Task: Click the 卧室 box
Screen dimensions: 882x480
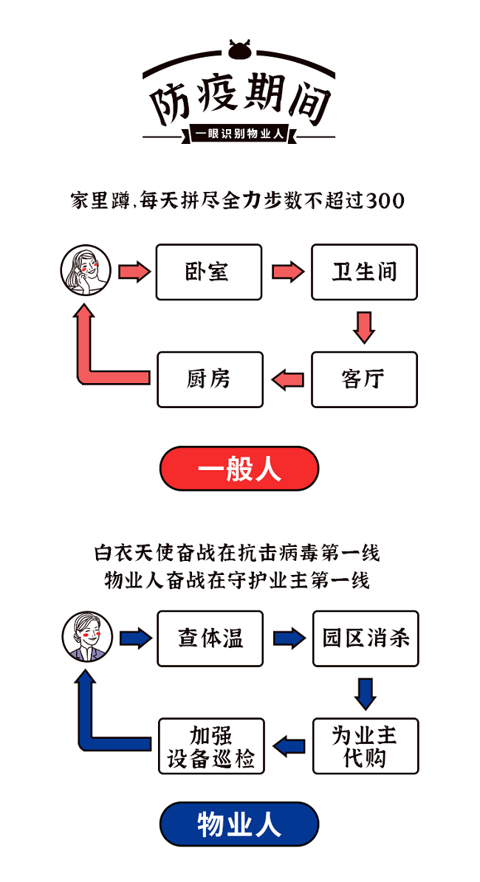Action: tap(208, 272)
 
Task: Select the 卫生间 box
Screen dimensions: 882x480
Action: tap(364, 272)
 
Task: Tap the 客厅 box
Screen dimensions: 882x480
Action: tap(364, 379)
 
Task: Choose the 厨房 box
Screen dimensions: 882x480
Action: tap(210, 379)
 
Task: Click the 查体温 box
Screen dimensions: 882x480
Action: tap(210, 638)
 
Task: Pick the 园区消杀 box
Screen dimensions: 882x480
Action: tap(366, 638)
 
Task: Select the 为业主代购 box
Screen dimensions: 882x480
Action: tap(366, 745)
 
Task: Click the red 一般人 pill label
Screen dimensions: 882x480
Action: tap(239, 469)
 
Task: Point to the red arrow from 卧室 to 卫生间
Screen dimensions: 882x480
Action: tap(287, 272)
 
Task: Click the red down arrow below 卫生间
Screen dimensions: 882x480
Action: tap(364, 326)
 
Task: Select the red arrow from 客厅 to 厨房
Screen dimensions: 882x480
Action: tap(287, 379)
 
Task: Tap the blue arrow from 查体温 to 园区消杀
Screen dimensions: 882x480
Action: tap(289, 638)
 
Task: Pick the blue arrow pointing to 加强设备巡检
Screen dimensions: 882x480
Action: tap(289, 745)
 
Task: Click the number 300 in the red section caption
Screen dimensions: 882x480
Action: tap(385, 201)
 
